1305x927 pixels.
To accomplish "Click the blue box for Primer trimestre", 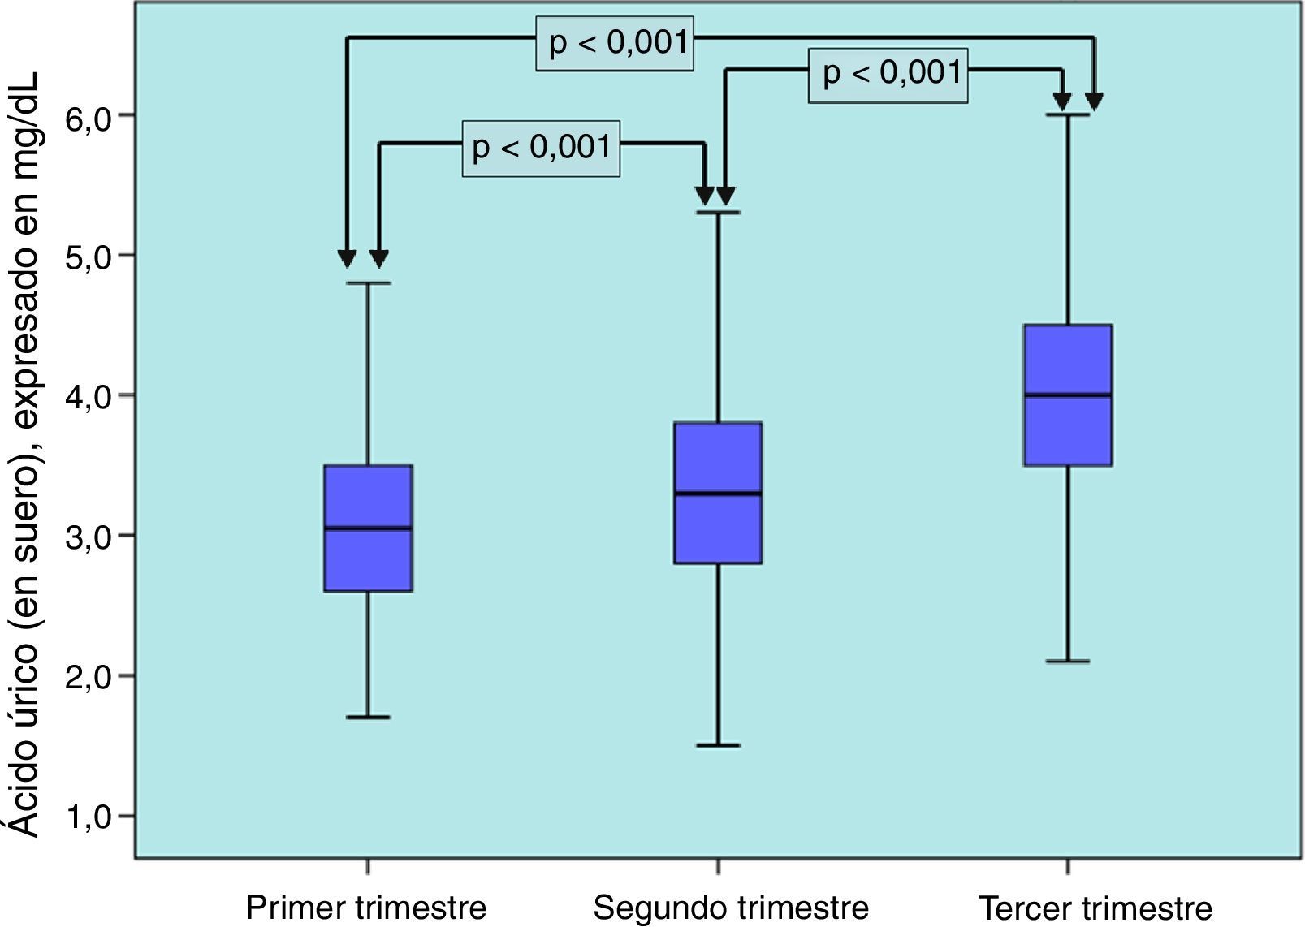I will [x=368, y=560].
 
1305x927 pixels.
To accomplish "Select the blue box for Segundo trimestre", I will [x=718, y=528].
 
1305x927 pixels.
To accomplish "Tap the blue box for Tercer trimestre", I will [x=1068, y=430].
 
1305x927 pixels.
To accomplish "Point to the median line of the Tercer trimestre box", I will [x=1068, y=395].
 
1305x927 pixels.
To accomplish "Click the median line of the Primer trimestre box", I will [x=368, y=528].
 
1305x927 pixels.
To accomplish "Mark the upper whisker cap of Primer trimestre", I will [x=368, y=283].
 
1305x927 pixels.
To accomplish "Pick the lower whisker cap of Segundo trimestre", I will [x=718, y=745].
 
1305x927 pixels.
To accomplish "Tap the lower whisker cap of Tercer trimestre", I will [x=1068, y=662].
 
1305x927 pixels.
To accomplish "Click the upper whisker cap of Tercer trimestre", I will [x=1068, y=115].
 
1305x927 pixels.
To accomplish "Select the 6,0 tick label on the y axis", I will [x=87, y=115].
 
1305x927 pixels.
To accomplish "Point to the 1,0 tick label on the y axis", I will [x=87, y=816].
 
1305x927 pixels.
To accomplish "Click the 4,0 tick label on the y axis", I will [x=87, y=395].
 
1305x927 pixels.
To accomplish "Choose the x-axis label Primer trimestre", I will [x=365, y=907].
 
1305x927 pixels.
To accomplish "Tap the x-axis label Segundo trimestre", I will [x=731, y=907].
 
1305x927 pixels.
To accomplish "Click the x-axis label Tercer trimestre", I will [x=1095, y=907].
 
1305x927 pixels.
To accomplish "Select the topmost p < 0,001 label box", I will [x=615, y=43].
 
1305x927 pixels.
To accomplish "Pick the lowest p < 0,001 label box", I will [x=542, y=149].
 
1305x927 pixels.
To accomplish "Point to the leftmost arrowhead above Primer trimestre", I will [x=347, y=260].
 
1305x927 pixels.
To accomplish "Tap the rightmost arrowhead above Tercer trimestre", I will [x=1095, y=101].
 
